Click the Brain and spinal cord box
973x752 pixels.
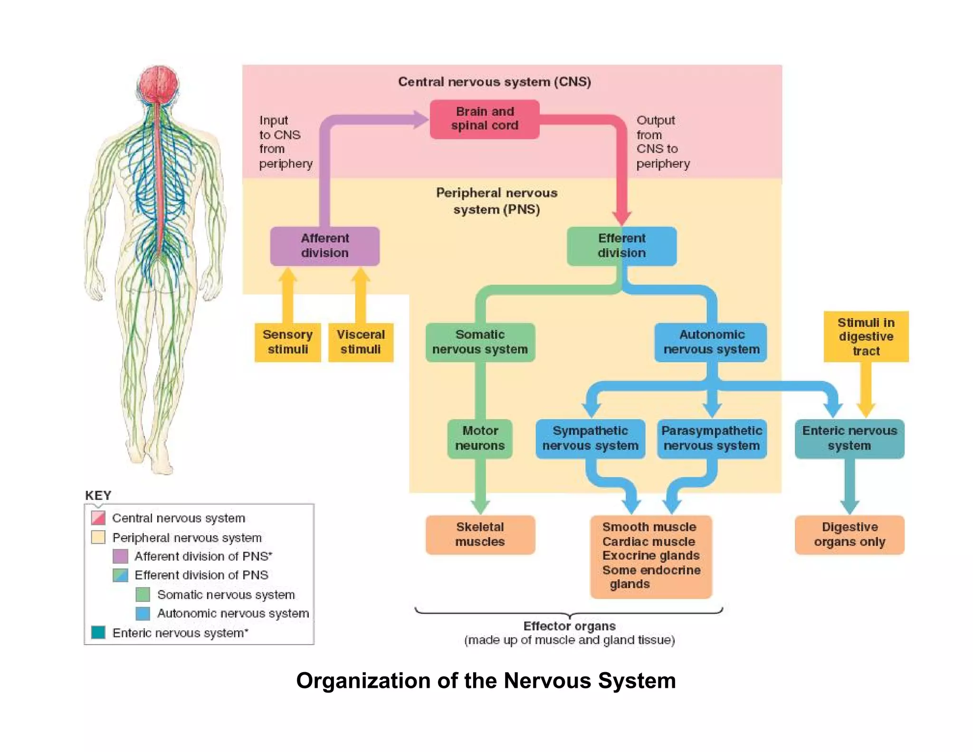coord(484,119)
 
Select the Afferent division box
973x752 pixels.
coord(324,246)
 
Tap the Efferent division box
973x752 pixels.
coord(621,246)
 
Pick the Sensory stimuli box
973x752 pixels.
coord(287,342)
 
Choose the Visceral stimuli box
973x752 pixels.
coord(361,342)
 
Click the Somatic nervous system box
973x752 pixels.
coord(480,342)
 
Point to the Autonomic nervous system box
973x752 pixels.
coord(711,342)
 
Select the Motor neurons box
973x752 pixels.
coord(480,438)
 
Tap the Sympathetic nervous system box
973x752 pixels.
coord(590,438)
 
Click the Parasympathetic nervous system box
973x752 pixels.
coord(711,438)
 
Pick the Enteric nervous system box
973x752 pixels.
coord(849,438)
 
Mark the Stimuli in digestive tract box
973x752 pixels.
coord(866,337)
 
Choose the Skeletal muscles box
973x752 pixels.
coord(480,534)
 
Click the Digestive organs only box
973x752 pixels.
coord(849,534)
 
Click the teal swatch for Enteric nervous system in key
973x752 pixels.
coord(98,632)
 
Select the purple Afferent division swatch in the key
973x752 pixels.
coord(120,556)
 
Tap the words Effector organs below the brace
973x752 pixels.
coord(569,626)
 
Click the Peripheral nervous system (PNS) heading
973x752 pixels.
coord(496,201)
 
